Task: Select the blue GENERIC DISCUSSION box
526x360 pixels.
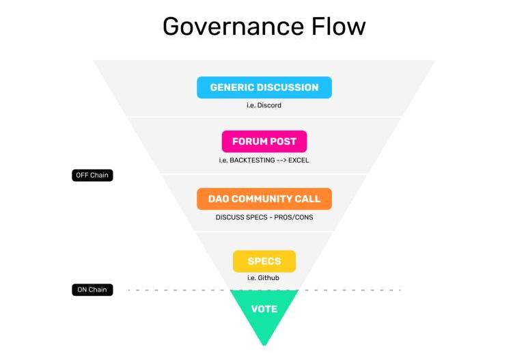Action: [264, 87]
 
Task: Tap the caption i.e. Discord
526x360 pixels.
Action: [264, 105]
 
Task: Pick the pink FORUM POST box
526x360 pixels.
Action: [264, 141]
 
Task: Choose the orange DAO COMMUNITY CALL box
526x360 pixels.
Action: [264, 199]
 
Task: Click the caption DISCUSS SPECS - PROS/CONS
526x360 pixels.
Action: [264, 217]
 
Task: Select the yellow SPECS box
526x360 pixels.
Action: [264, 262]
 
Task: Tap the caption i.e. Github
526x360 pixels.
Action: [264, 278]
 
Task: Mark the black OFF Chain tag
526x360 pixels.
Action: [92, 176]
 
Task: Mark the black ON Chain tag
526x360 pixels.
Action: [92, 290]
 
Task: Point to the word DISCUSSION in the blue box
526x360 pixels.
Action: [288, 87]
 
